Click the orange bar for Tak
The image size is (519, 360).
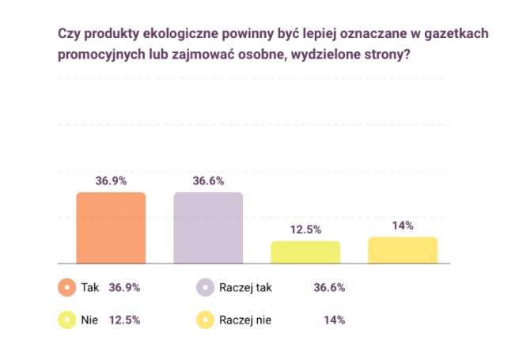click(111, 228)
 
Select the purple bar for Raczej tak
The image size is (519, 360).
click(208, 228)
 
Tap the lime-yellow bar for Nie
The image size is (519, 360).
click(305, 252)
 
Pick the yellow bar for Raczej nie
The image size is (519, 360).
click(403, 249)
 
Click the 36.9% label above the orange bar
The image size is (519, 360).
click(112, 180)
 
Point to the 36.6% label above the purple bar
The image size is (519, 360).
click(208, 180)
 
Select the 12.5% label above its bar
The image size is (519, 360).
click(305, 229)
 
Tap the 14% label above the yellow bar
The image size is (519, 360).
click(403, 225)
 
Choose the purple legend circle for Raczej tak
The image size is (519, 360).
click(205, 287)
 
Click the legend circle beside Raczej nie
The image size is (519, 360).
click(205, 320)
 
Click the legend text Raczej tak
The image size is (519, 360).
click(247, 288)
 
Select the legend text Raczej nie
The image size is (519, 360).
click(247, 320)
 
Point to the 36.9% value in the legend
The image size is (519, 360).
click(124, 288)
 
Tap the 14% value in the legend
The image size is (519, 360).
click(334, 320)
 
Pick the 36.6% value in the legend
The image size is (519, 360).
click(329, 288)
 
